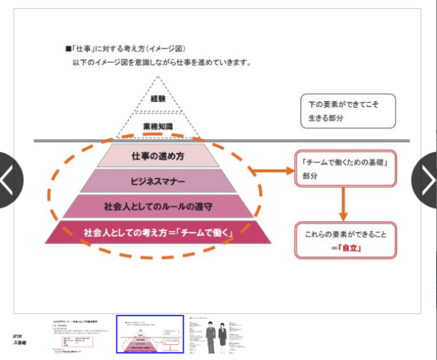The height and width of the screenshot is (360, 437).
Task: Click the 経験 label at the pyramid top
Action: (x=158, y=98)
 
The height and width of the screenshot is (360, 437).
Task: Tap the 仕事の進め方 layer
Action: (x=158, y=155)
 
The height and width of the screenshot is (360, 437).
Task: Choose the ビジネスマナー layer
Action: (x=158, y=181)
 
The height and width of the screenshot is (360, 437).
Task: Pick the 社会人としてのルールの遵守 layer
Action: (x=157, y=206)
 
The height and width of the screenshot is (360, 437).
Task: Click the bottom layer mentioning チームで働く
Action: (x=157, y=232)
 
